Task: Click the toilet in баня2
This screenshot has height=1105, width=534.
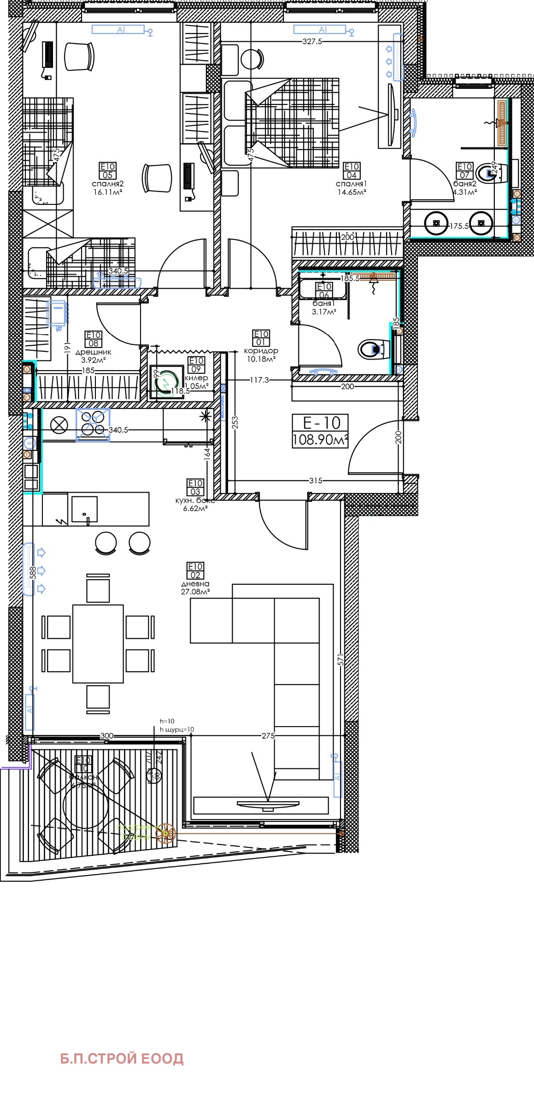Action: pos(493,173)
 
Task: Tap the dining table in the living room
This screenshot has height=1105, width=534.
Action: pos(98,643)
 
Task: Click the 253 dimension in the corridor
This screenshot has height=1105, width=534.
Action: pos(235,422)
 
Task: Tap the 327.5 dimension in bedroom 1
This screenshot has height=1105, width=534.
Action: pos(312,41)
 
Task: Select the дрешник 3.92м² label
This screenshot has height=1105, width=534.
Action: pos(94,356)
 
